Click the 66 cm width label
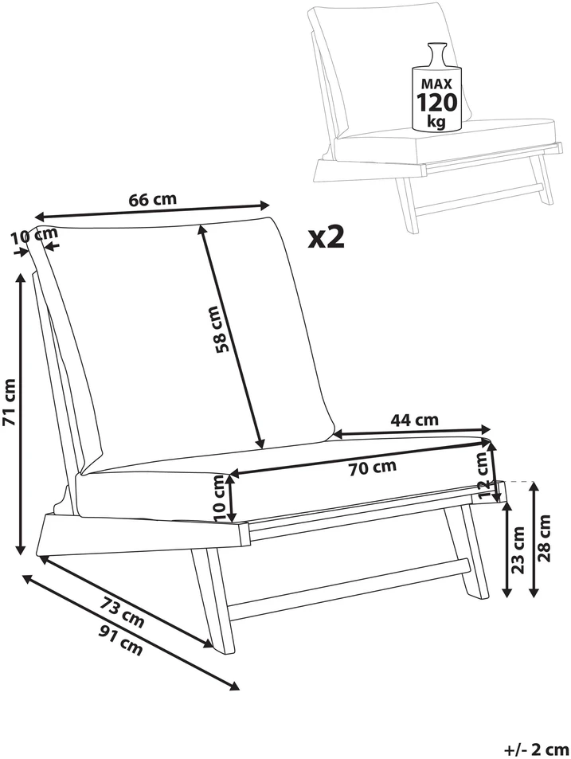(x=152, y=199)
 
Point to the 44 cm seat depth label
(x=414, y=419)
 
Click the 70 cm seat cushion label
(x=372, y=468)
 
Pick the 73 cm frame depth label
(x=122, y=612)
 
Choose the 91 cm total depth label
(x=120, y=640)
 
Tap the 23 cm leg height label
(x=518, y=550)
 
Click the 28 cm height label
(x=545, y=538)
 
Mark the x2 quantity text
(x=327, y=237)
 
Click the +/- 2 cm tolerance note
(x=537, y=749)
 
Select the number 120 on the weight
(x=436, y=102)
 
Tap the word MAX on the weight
(x=436, y=84)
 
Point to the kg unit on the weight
(x=436, y=121)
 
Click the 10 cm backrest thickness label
(x=34, y=236)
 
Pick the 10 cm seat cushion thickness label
(x=219, y=498)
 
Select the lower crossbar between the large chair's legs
(x=348, y=589)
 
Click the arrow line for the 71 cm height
(x=21, y=414)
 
